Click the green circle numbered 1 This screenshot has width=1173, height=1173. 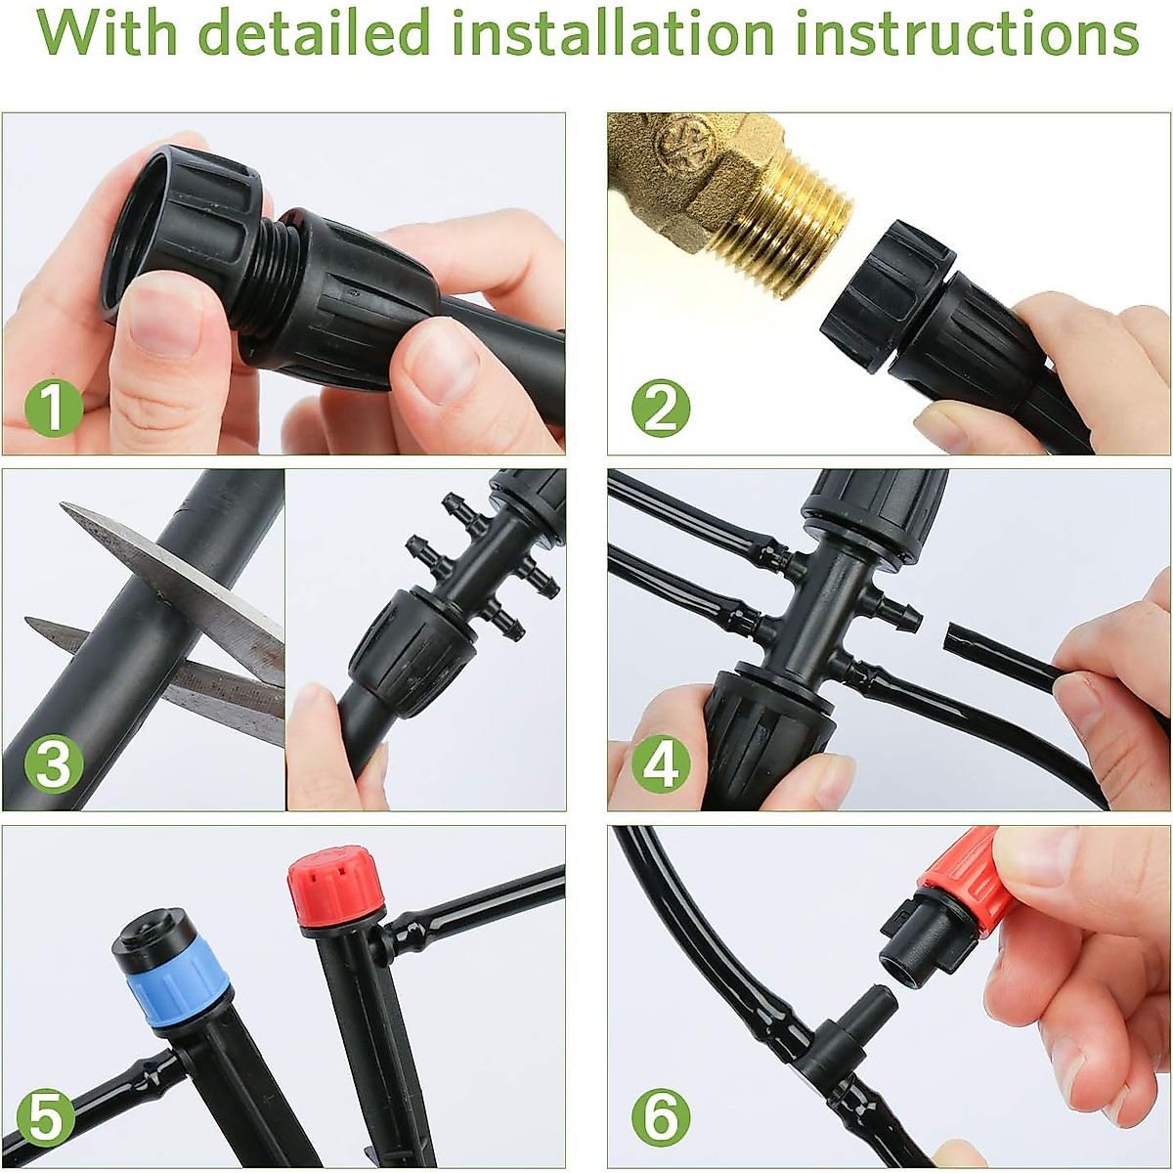55,407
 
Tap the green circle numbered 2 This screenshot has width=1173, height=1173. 661,407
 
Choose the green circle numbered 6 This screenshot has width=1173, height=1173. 661,1118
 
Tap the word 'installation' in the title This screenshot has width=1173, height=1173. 614,33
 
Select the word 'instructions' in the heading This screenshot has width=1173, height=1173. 966,33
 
